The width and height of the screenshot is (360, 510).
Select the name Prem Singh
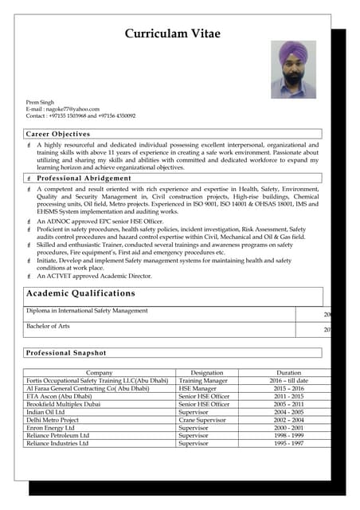41,102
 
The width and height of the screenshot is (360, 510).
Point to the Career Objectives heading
58,134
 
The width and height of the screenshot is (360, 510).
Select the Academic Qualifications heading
81,293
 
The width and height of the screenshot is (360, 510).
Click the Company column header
99,373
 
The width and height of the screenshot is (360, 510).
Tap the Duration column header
288,373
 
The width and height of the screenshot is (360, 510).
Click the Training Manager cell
203,381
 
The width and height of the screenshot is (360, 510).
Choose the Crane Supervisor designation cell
205,420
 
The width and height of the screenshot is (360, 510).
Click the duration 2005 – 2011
289,404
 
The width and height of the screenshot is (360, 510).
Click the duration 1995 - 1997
289,443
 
